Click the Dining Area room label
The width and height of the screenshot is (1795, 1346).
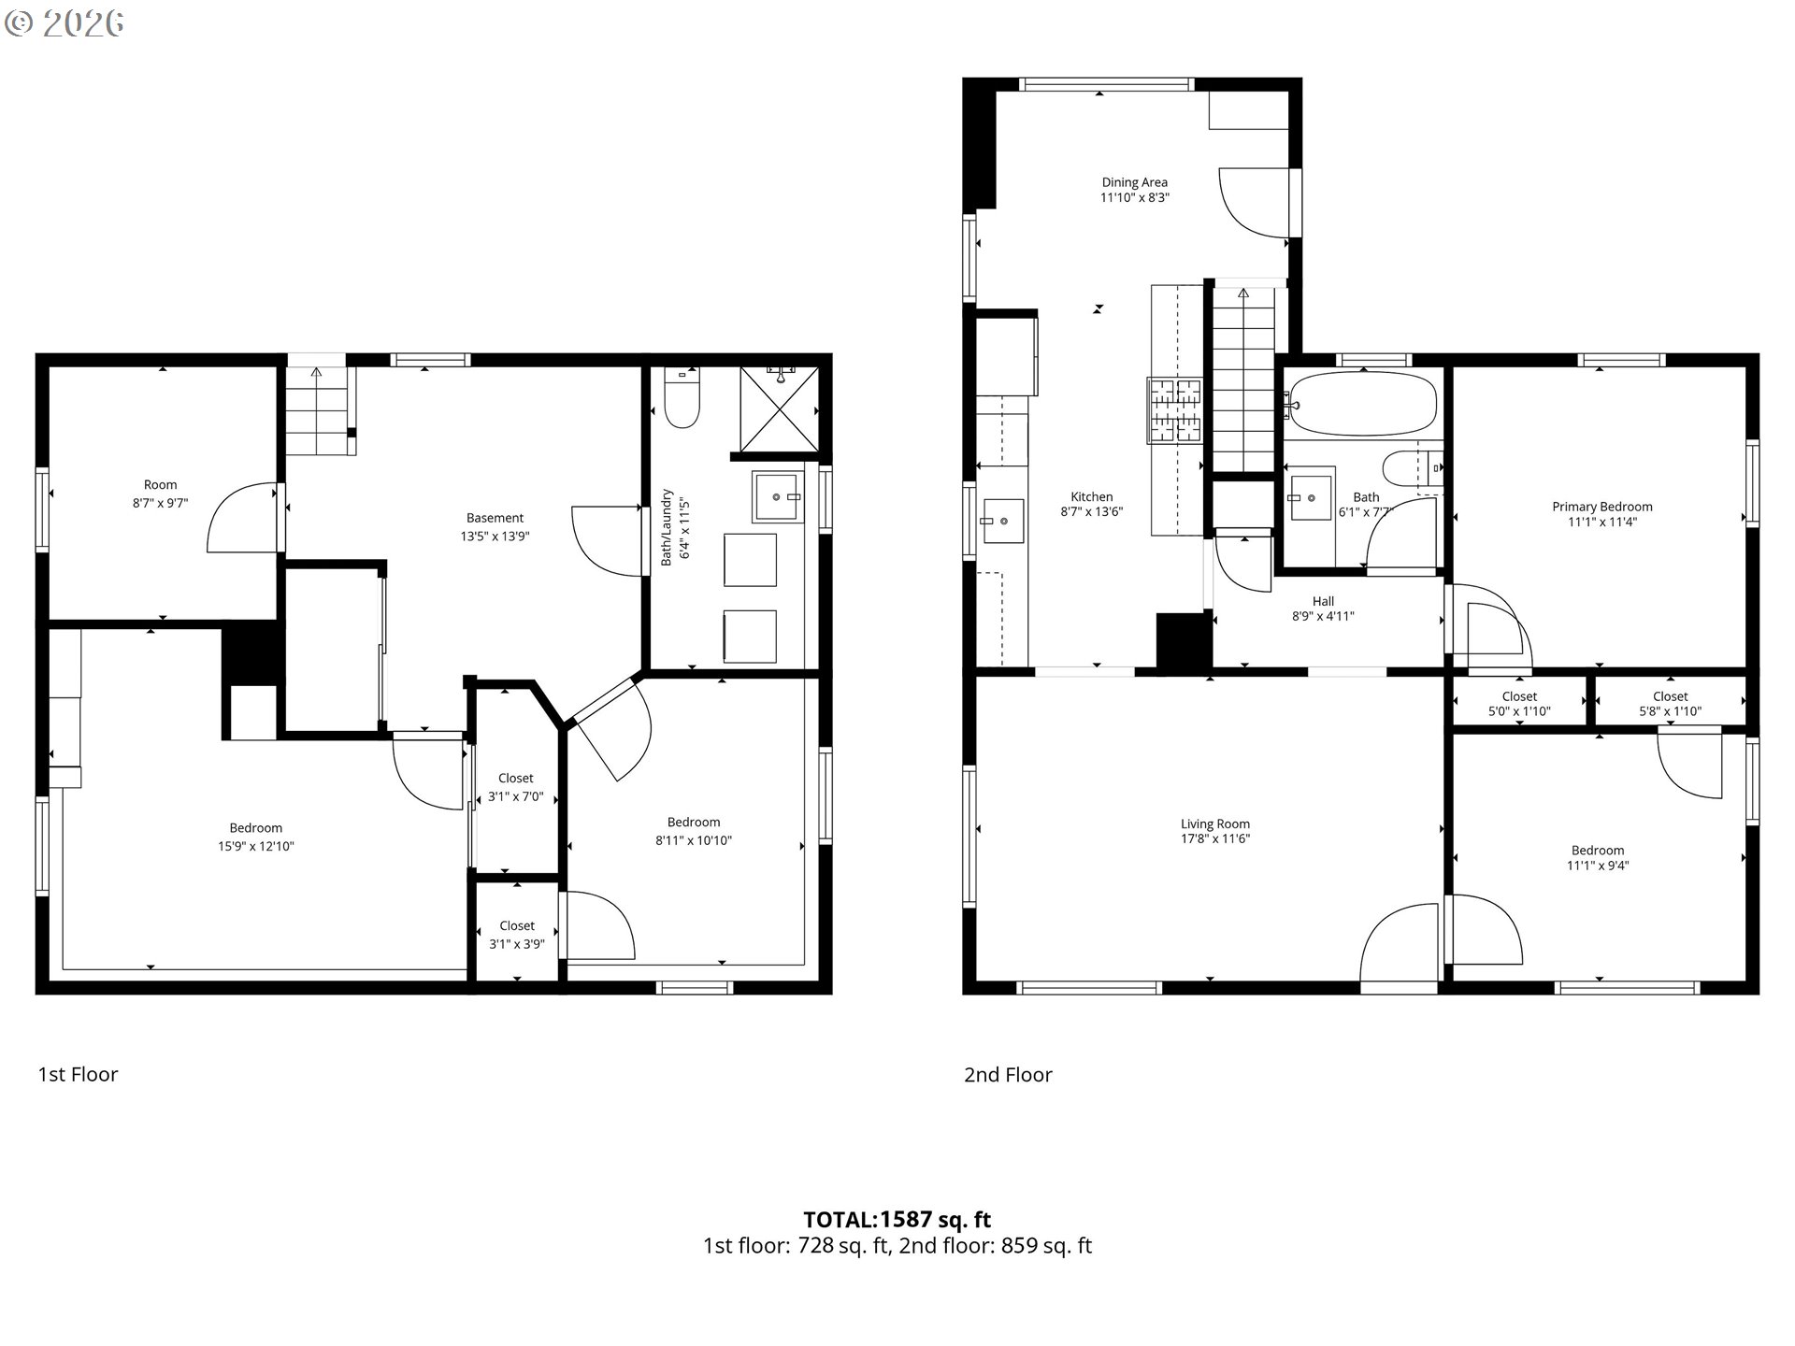pyautogui.click(x=1134, y=190)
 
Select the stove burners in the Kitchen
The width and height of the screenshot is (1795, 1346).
pyautogui.click(x=1175, y=409)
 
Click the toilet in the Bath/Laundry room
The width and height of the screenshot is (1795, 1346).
pyautogui.click(x=682, y=399)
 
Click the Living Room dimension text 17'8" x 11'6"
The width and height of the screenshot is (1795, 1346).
pyautogui.click(x=1214, y=839)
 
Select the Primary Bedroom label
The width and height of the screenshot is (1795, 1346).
pyautogui.click(x=1601, y=507)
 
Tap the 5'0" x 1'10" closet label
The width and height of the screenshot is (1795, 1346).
pyautogui.click(x=1519, y=704)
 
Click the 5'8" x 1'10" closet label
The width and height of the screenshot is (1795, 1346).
pyautogui.click(x=1670, y=704)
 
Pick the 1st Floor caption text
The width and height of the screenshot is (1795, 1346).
pyautogui.click(x=78, y=1074)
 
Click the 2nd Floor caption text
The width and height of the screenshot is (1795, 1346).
pyautogui.click(x=1008, y=1075)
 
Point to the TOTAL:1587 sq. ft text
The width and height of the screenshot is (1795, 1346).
pyautogui.click(x=897, y=1219)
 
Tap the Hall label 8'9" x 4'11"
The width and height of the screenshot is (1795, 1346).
pyautogui.click(x=1323, y=609)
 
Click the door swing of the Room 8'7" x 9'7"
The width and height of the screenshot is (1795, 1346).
pyautogui.click(x=243, y=519)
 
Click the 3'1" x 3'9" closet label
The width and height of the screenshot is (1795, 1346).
pyautogui.click(x=516, y=935)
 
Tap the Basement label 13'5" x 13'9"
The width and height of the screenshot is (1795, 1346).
pyautogui.click(x=495, y=527)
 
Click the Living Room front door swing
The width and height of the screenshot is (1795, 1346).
pyautogui.click(x=1400, y=944)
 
